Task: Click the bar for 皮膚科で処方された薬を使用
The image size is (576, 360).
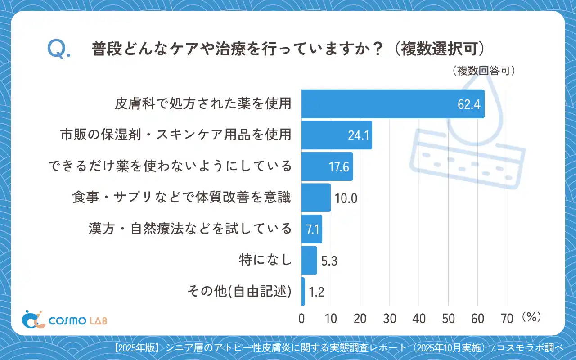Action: point(392,104)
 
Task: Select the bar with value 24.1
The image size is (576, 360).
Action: point(337,135)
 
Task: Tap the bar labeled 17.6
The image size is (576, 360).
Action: point(327,166)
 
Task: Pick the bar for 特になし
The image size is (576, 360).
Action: point(309,260)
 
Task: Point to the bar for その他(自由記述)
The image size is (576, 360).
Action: point(303,292)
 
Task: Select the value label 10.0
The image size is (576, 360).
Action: point(346,198)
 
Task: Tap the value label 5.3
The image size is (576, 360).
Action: point(329,261)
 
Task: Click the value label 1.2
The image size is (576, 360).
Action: point(316,292)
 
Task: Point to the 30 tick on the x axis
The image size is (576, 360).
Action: point(390,318)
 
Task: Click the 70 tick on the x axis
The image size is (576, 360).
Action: point(507,318)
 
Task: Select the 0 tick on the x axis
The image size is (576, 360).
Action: point(301,318)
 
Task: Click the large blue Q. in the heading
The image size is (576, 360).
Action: point(58,49)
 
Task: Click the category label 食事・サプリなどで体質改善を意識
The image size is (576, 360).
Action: point(182,198)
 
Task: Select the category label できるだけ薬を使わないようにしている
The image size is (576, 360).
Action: point(170,166)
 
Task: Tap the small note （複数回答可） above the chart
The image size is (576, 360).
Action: point(482,71)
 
